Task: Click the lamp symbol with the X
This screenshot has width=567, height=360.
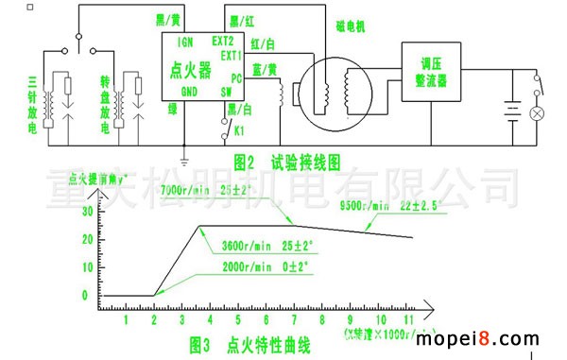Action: (x=539, y=113)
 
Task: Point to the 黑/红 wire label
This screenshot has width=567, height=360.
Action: (x=241, y=20)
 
